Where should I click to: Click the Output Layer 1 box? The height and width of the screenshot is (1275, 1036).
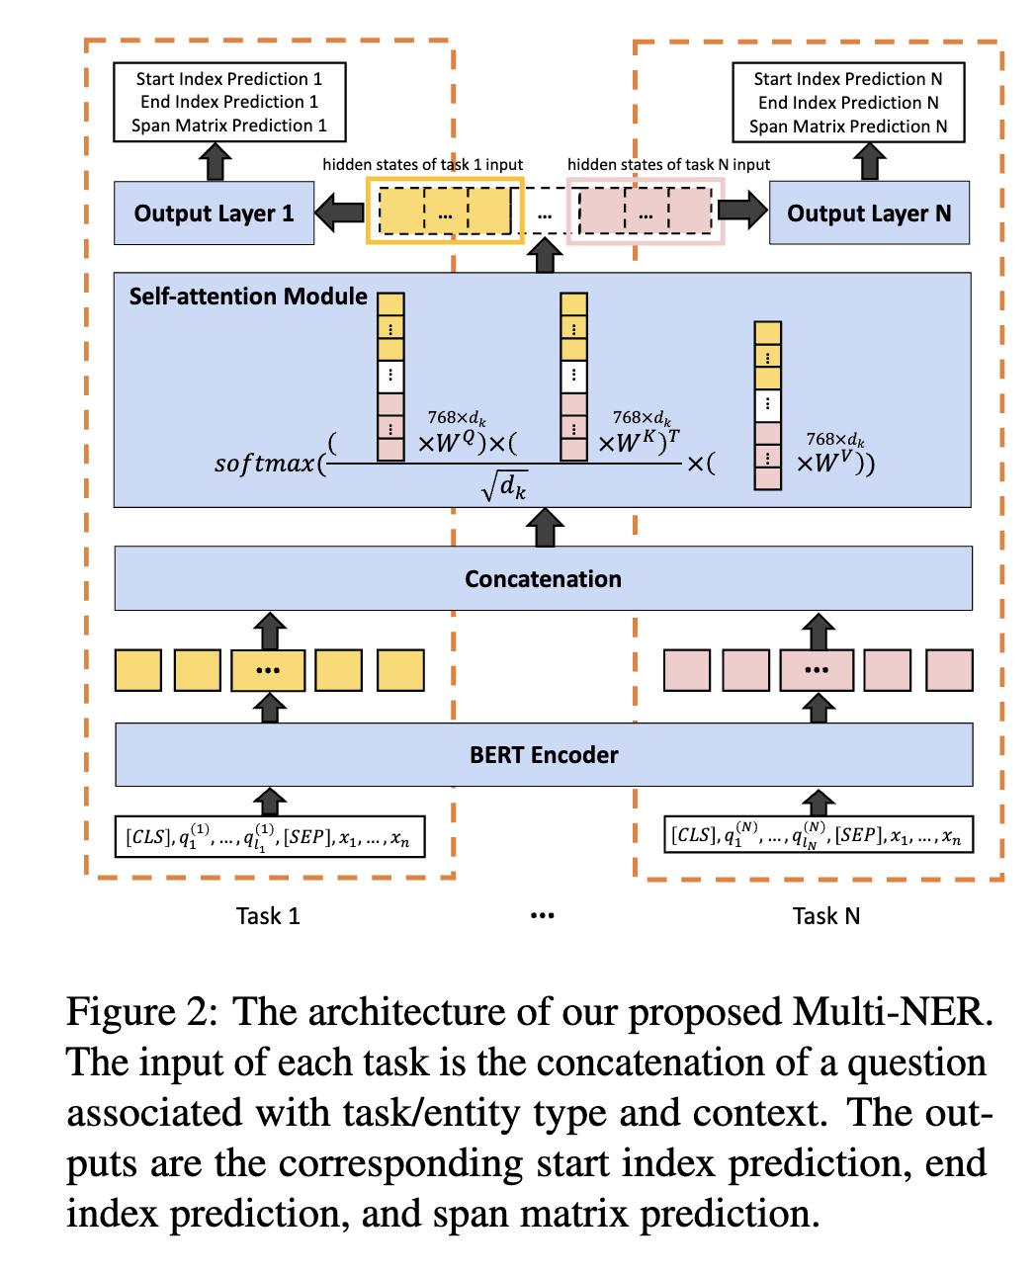(x=214, y=213)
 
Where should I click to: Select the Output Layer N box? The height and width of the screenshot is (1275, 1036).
(x=869, y=213)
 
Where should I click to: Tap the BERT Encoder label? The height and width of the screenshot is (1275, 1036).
(x=544, y=755)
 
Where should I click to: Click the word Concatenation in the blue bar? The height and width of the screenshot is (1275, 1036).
(x=543, y=579)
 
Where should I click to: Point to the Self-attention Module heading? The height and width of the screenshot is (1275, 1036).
(x=248, y=297)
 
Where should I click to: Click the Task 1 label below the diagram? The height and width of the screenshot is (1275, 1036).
(x=268, y=916)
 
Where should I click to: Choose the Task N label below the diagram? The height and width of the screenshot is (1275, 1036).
(x=826, y=916)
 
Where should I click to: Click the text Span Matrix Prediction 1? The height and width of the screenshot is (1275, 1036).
(x=229, y=126)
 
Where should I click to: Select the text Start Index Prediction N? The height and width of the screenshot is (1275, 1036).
(x=847, y=79)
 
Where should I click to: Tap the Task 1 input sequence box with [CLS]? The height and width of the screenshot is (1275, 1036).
(x=269, y=837)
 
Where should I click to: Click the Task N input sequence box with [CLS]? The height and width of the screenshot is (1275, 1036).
(x=819, y=835)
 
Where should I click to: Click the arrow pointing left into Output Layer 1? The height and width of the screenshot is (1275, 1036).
(x=340, y=211)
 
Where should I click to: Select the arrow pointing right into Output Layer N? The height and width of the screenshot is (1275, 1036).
(x=743, y=210)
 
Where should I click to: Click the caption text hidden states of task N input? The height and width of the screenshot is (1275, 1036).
(x=668, y=164)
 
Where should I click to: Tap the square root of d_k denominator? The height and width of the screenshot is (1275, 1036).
(x=505, y=485)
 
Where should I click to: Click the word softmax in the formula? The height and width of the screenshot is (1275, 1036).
(x=264, y=463)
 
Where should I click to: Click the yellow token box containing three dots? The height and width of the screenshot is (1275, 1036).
(x=268, y=670)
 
